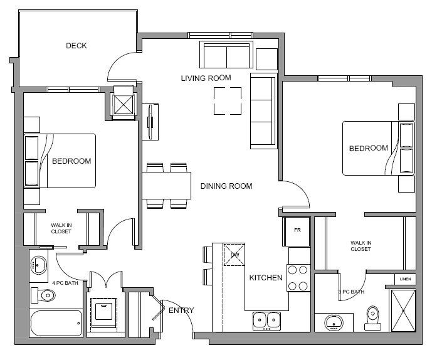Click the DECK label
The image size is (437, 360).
coord(76,45)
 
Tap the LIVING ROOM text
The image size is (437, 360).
coord(206,78)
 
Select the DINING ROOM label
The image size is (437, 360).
coord(226,186)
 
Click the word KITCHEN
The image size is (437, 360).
coord(266,278)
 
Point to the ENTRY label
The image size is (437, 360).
coord(181,310)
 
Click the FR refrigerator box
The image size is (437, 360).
coord(297,231)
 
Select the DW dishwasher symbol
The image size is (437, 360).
coord(234,255)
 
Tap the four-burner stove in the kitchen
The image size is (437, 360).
coord(298,278)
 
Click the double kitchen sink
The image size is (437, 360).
coord(266,321)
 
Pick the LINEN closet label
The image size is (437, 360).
coord(405,279)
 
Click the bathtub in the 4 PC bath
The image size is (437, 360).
coord(56,323)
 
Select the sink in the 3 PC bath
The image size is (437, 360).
coord(334,322)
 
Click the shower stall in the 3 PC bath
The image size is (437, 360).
coord(403,310)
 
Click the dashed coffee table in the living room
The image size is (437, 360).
coord(228,101)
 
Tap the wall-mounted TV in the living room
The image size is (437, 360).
coord(150,122)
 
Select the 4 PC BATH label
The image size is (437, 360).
coord(65,283)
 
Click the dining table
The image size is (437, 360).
coord(167,186)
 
